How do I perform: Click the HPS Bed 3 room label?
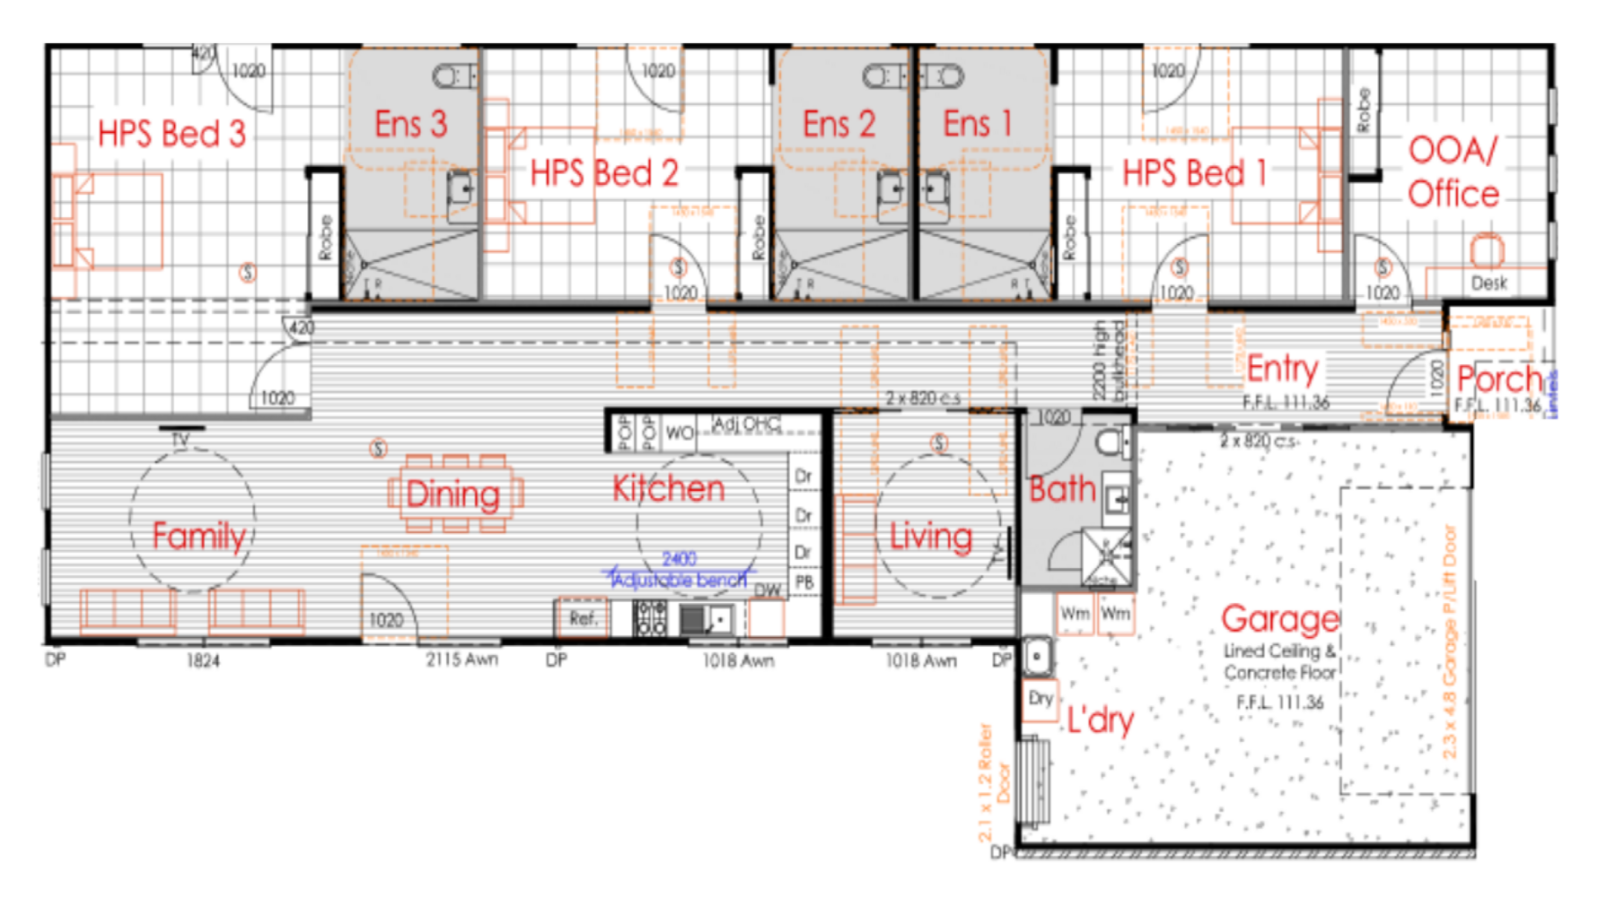(x=171, y=134)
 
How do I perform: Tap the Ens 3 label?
(x=410, y=124)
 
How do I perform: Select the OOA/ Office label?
(x=1453, y=171)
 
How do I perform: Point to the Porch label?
(x=1498, y=379)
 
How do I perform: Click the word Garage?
(x=1279, y=619)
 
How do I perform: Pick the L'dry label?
(x=1100, y=720)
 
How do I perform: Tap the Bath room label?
(x=1062, y=489)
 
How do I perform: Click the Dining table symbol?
(x=454, y=494)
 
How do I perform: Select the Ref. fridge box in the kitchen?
(x=583, y=618)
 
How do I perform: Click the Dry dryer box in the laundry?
(x=1041, y=699)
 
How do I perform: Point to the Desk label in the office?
(x=1489, y=284)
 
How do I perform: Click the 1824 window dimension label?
(x=203, y=661)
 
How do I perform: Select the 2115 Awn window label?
(x=461, y=659)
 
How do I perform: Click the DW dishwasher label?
(x=768, y=590)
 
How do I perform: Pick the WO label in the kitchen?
(x=679, y=433)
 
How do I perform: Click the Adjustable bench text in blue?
(x=679, y=581)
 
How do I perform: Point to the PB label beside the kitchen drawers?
(x=804, y=582)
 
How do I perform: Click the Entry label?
(x=1282, y=368)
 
